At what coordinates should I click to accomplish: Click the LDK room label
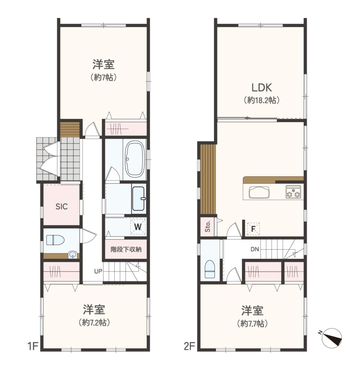pos(262,87)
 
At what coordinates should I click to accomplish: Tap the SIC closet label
pos(62,207)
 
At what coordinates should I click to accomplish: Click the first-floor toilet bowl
pos(55,240)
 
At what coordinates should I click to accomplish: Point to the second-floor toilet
pos(210,269)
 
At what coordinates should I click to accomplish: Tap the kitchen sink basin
pos(259,192)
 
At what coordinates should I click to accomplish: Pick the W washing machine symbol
pos(138,227)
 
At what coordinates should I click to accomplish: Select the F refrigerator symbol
pos(253,229)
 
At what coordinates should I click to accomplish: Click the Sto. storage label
pos(208,227)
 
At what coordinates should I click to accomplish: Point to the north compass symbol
pos(331,338)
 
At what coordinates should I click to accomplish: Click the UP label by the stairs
pos(98,271)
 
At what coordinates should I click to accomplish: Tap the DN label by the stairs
pos(255,249)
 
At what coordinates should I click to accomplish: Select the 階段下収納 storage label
pos(126,249)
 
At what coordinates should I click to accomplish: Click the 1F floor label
pos(33,347)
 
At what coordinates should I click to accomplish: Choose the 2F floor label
pos(190,347)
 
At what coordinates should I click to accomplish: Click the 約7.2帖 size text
pos(94,322)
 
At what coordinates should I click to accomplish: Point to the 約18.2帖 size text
pos(262,100)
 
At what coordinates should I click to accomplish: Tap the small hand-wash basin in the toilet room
pos(72,255)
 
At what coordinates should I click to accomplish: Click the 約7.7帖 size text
pos(252,323)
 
